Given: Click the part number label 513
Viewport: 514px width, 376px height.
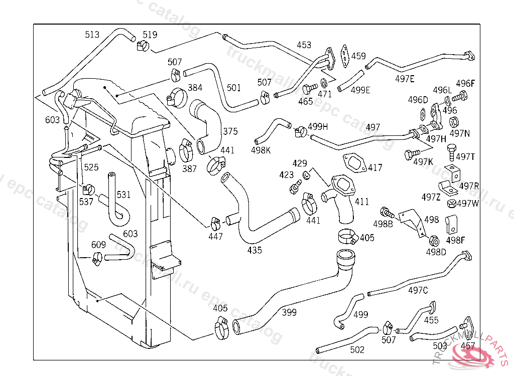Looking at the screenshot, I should coord(92,35).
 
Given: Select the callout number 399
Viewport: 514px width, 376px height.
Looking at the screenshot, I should coord(289,312).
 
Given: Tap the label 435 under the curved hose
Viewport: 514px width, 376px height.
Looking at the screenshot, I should coord(254,250).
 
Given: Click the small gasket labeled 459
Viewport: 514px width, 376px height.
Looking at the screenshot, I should coord(344,55).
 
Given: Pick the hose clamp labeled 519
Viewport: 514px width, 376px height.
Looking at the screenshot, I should coord(142,47).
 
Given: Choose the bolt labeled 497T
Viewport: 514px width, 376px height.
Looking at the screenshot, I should coord(451,149).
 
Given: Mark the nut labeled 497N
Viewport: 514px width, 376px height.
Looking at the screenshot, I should coord(453,122).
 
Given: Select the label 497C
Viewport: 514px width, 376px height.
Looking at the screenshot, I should coord(418,290).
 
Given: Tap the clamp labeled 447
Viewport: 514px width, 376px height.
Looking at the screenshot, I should coord(215,221).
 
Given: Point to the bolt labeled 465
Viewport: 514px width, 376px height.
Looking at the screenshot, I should coord(306,90).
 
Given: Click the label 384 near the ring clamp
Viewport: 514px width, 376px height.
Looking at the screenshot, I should coord(195,88).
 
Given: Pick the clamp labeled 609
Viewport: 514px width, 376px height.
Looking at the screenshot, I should coord(97,259).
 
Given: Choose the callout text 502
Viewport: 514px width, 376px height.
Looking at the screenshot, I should coord(357,350).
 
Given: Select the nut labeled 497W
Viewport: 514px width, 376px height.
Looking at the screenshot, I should coord(450,204).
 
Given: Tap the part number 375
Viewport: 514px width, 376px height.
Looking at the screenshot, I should coord(230,131).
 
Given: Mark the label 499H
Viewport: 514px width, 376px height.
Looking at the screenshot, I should coord(318,126).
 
